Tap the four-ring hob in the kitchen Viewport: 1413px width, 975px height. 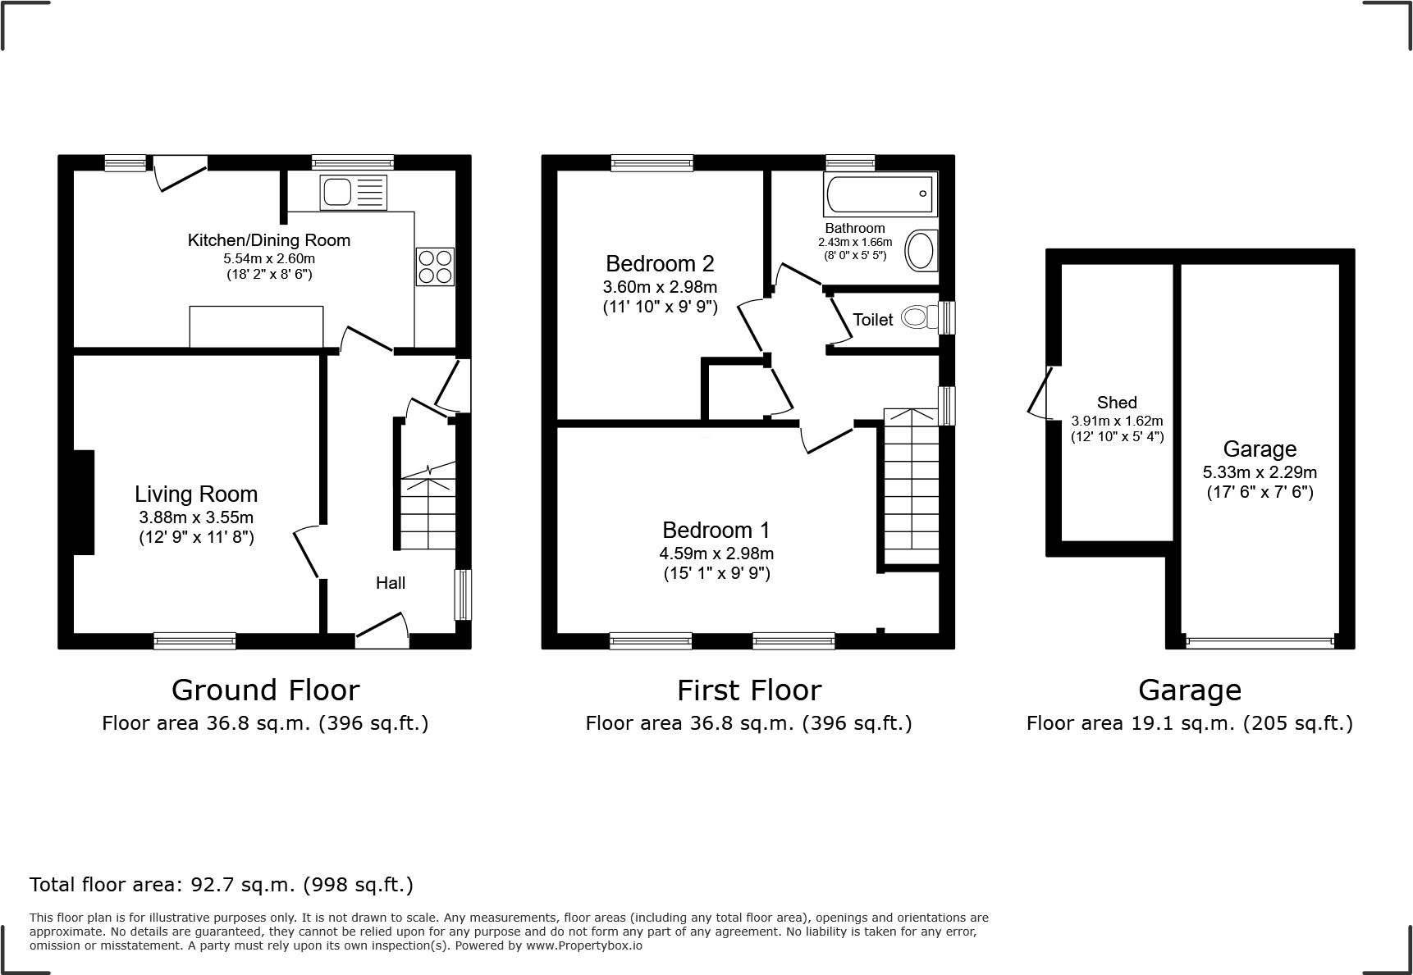tap(435, 267)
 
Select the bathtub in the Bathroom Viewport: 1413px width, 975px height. tap(880, 194)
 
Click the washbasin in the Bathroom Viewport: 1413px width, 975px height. tap(920, 250)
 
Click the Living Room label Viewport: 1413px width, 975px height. tap(196, 494)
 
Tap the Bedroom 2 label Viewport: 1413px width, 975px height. tap(660, 263)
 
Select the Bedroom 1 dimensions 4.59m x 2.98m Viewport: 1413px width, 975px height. tap(717, 554)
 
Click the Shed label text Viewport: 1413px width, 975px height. tap(1116, 403)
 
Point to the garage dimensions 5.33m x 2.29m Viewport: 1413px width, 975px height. tap(1259, 472)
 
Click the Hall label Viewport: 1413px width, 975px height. tap(391, 583)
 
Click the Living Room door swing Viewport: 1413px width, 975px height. tap(306, 554)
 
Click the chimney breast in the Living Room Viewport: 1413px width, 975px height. tap(84, 502)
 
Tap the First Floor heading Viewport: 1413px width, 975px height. tap(748, 690)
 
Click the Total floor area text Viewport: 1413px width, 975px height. tap(222, 885)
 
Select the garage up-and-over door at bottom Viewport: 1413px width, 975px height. tap(1259, 642)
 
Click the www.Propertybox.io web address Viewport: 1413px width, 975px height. tap(584, 945)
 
